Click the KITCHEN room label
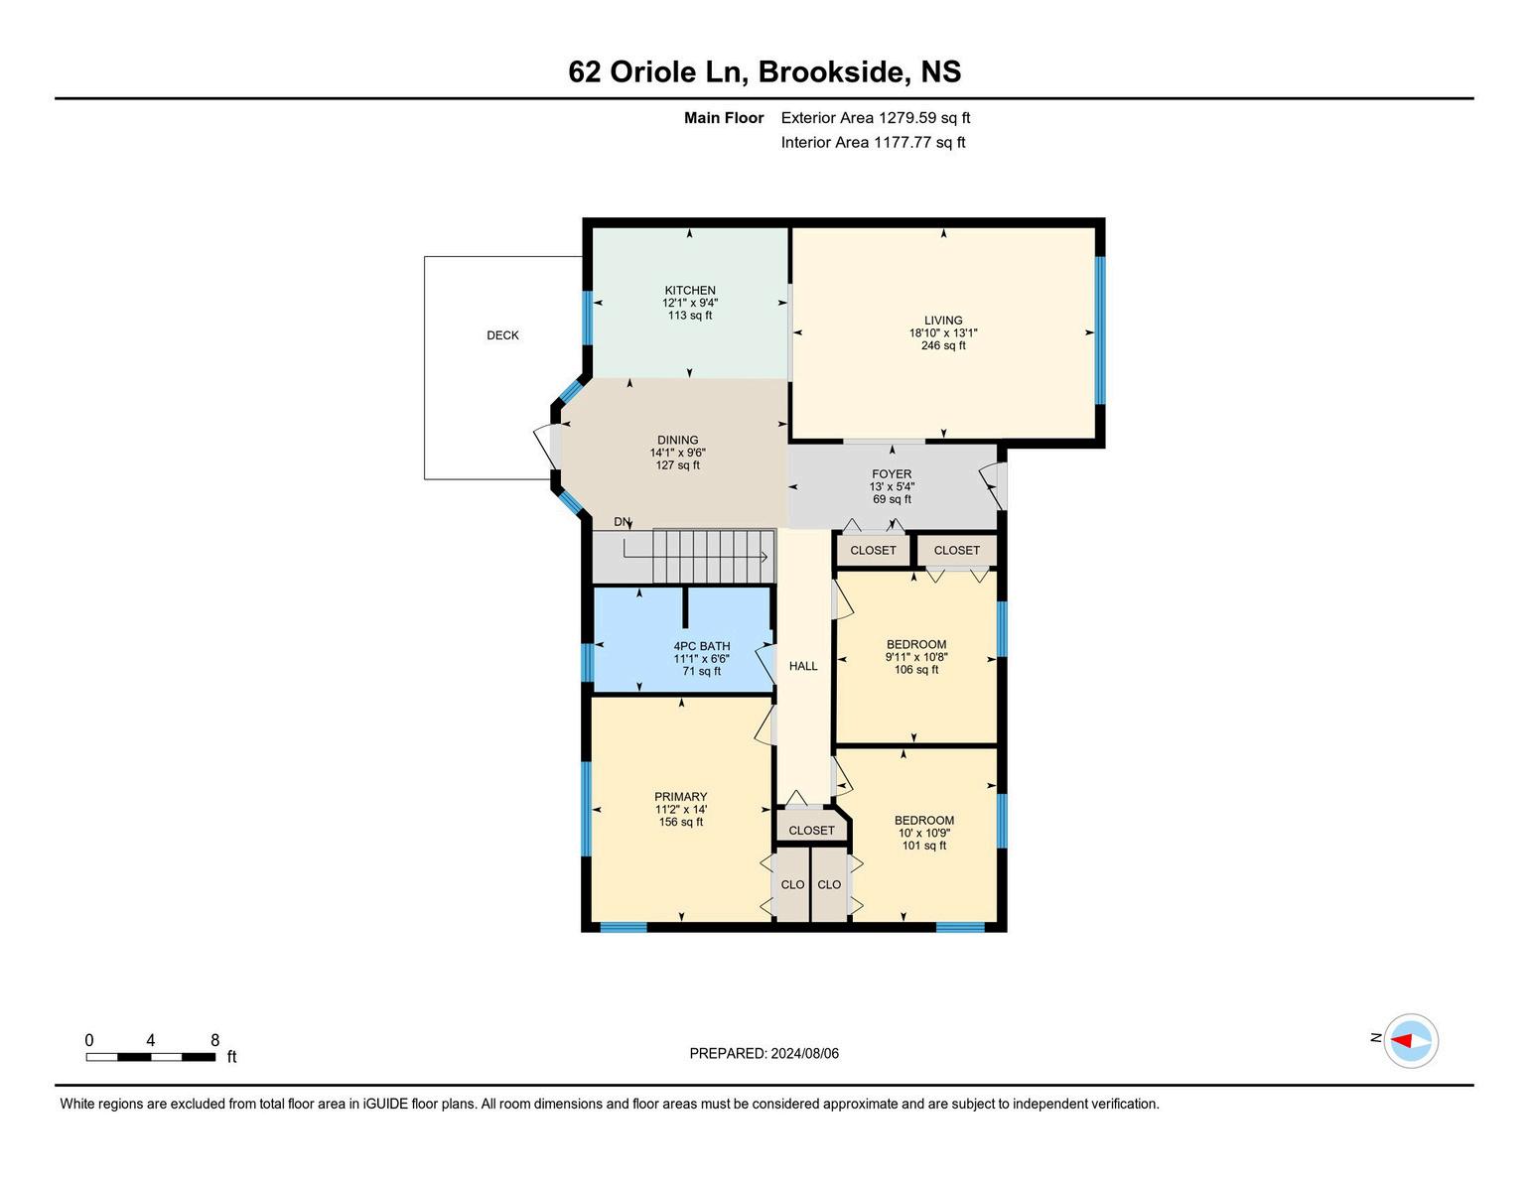[690, 290]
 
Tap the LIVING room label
[943, 320]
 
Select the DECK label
[502, 335]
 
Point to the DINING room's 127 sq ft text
[677, 464]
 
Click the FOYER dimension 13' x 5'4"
[892, 486]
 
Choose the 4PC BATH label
[702, 646]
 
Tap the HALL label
[803, 666]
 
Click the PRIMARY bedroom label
[680, 797]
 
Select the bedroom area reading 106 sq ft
[916, 670]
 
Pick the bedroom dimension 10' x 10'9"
[924, 833]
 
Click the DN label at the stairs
[622, 522]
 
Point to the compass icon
[1410, 1040]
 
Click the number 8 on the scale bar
[214, 1040]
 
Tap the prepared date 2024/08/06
[804, 1053]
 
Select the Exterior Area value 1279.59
[907, 118]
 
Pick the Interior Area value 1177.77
[903, 142]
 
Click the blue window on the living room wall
[1100, 330]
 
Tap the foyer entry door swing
[992, 484]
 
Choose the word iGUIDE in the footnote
[385, 1104]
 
